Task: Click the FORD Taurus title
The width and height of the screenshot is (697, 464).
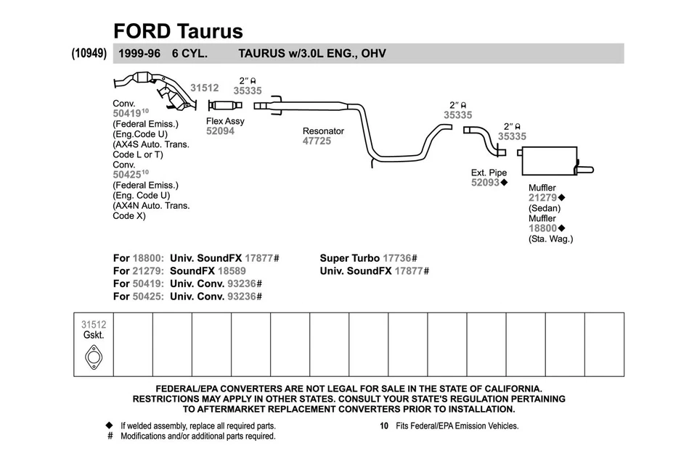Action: coord(178,31)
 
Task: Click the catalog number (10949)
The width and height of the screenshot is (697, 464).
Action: coord(90,54)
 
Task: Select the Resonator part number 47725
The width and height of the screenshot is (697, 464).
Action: coord(317,141)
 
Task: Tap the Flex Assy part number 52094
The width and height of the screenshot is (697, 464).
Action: coord(220,132)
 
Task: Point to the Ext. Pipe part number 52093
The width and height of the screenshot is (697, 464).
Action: coord(485,183)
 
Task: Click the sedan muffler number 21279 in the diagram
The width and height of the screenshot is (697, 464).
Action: coord(542,198)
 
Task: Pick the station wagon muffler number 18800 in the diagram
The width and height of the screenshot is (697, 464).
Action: coord(542,228)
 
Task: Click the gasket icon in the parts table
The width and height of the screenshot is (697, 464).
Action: coord(94,357)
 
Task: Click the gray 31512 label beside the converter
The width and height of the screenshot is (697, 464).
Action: coord(205,88)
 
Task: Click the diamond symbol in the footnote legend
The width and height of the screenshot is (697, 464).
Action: coord(110,426)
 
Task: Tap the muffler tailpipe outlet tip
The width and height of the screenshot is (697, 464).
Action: coord(586,170)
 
